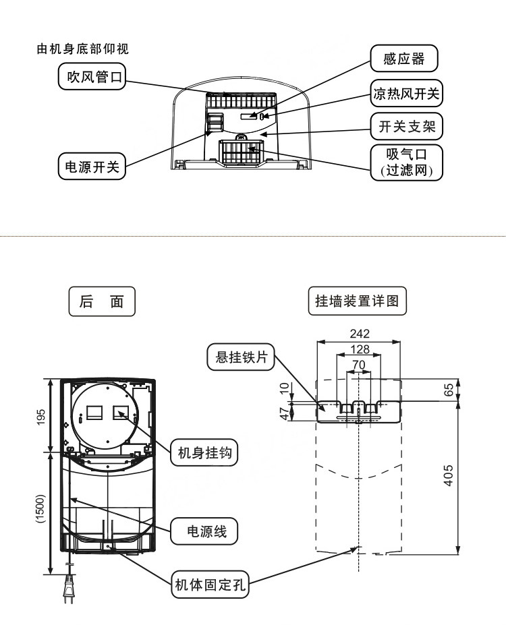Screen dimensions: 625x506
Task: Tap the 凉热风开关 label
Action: (406, 94)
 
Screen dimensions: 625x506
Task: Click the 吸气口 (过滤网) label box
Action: (406, 162)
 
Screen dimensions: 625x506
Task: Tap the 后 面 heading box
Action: (102, 302)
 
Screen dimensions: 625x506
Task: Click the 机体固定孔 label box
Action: (210, 584)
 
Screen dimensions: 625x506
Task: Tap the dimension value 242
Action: (360, 333)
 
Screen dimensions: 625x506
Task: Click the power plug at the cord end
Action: (67, 594)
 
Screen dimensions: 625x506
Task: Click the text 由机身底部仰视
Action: (82, 49)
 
